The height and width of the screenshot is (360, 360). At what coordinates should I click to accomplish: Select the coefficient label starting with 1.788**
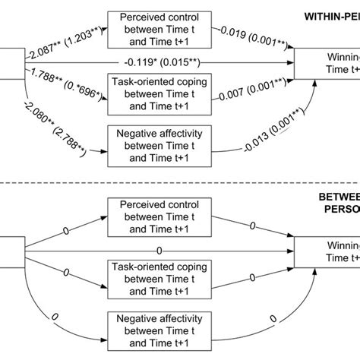pos(65,90)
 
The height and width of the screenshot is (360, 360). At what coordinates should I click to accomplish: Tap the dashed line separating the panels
pos(180,185)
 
